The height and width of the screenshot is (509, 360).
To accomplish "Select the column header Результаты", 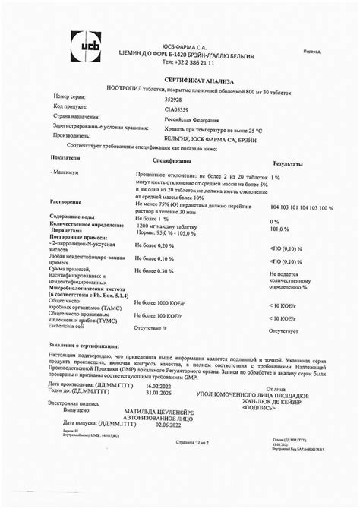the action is click(x=289, y=164).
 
